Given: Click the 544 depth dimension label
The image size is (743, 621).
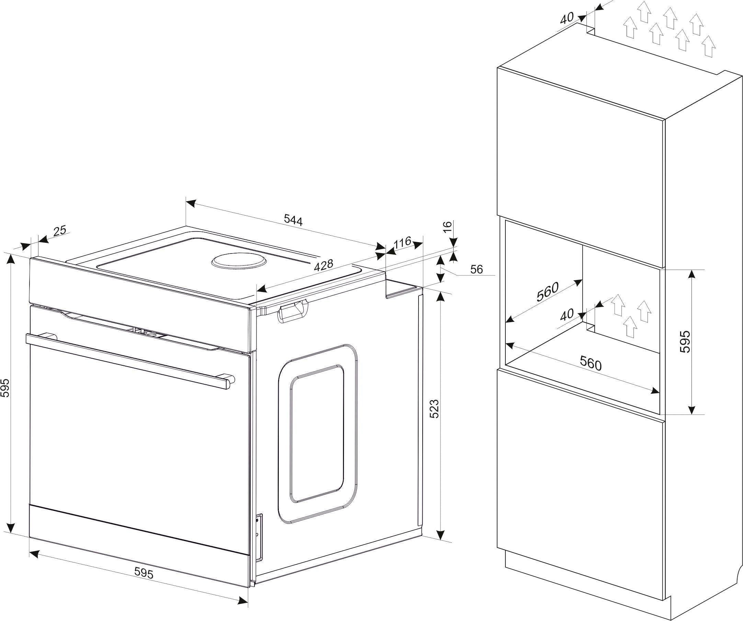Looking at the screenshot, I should coord(293,221).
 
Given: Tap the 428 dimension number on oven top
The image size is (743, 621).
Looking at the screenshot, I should coord(324,265).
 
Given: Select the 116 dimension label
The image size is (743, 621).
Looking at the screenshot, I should coord(402,243).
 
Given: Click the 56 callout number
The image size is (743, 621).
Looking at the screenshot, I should coord(477,269).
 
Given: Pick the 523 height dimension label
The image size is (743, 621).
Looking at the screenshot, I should coord(434,409).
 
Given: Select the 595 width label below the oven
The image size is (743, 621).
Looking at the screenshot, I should coord(144,573).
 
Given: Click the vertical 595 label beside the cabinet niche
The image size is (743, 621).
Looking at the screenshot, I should coord(685,341).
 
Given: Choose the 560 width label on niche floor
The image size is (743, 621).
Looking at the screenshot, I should coord(591,364).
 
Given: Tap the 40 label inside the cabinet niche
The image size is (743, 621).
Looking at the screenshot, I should coord(567,315).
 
